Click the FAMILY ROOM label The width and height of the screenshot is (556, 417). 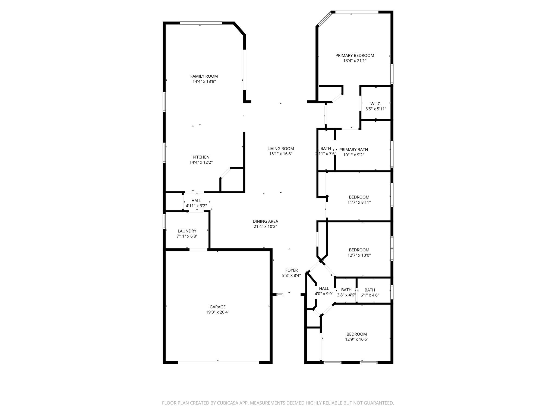pos(204,76)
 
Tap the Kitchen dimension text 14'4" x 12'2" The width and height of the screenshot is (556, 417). pos(201,162)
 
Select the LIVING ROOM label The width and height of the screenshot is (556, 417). pos(280,149)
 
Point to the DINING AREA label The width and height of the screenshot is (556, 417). pos(265,221)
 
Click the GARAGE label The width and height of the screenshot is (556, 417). pos(217,307)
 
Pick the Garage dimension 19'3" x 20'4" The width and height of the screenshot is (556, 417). pos(217,312)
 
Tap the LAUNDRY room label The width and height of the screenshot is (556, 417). pos(187,231)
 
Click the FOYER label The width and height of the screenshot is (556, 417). pos(291,270)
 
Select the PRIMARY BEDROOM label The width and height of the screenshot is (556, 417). pos(355,55)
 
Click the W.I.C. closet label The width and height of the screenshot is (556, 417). pos(376,104)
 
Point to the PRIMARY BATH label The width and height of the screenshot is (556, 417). pos(353,150)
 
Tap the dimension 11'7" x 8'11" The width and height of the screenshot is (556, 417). pos(359,202)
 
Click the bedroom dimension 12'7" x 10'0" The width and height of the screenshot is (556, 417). pos(359,255)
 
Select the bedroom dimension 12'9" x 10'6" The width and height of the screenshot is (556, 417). pos(356,339)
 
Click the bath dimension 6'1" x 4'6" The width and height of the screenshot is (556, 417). pos(369,295)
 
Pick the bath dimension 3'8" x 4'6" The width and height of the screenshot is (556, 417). pos(346,295)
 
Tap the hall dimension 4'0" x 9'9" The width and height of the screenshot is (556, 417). pos(324,294)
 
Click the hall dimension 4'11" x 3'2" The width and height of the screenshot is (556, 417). pos(196,206)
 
